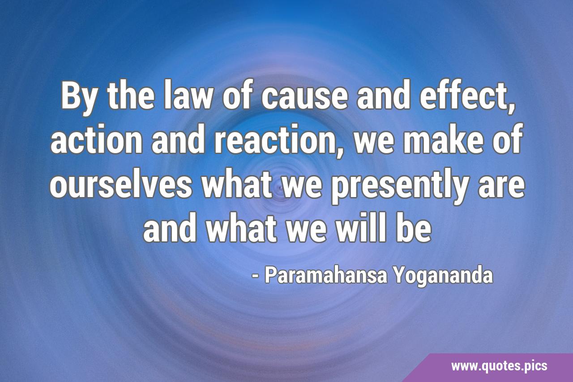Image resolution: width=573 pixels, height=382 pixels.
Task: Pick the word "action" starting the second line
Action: click(x=96, y=139)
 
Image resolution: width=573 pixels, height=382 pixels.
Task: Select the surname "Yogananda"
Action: click(x=443, y=278)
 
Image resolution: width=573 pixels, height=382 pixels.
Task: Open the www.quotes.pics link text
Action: click(x=499, y=366)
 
